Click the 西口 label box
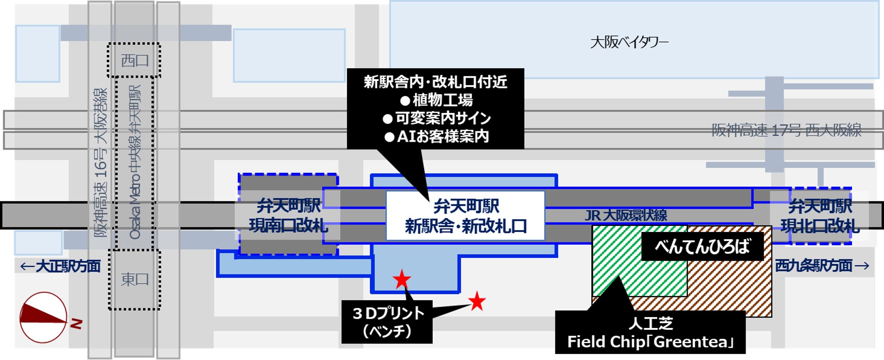click(x=134, y=60)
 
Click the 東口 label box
click(x=134, y=280)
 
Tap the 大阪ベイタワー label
click(x=629, y=42)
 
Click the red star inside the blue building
click(x=402, y=280)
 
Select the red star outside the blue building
click(x=477, y=301)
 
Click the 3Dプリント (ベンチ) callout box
click(x=387, y=322)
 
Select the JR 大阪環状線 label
click(x=626, y=216)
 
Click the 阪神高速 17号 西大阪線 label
click(x=786, y=130)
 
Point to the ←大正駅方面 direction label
click(x=60, y=266)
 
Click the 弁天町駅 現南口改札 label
click(x=288, y=216)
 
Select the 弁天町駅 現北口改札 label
click(x=820, y=216)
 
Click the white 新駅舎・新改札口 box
click(x=465, y=216)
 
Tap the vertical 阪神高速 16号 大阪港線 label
click(x=100, y=162)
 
